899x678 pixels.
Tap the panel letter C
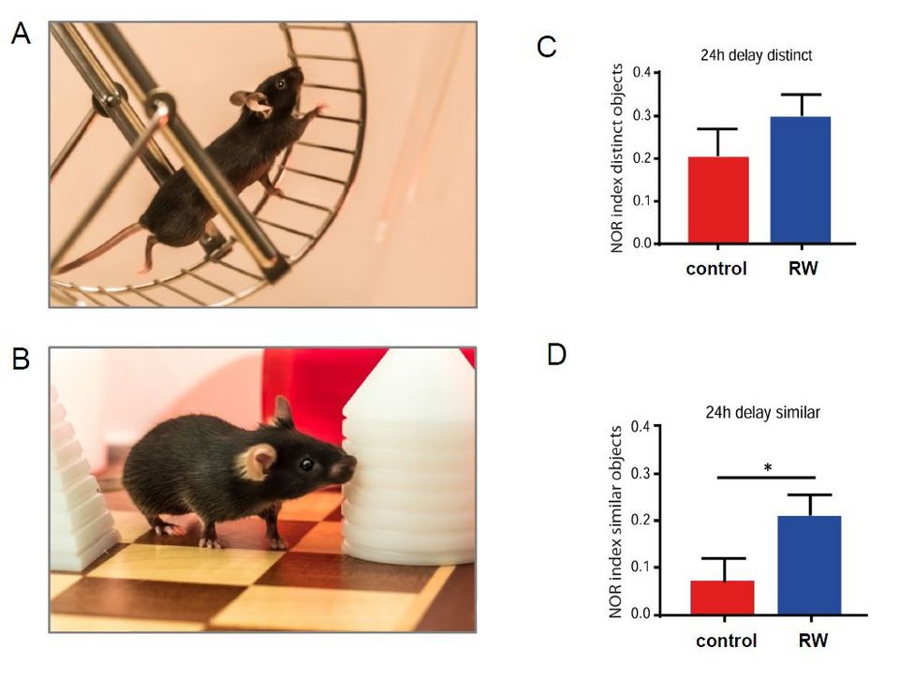[548, 46]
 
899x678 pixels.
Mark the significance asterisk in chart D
[767, 466]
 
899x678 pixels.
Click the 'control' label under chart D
[727, 641]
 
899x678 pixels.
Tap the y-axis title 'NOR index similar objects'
[615, 522]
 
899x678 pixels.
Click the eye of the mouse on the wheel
[279, 84]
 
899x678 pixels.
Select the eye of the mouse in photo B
[306, 463]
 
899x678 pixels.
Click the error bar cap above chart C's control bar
[718, 128]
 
